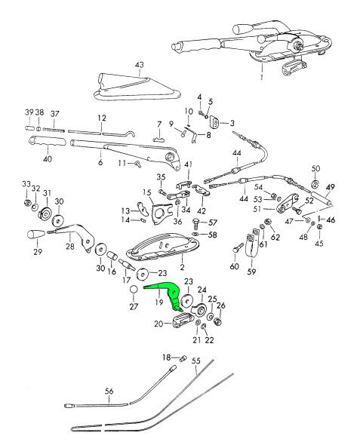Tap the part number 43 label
tap(140, 65)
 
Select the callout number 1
tap(261, 77)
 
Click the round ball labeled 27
tap(134, 290)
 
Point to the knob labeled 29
tap(36, 235)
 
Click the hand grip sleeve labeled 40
tap(48, 141)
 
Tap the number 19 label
tap(159, 302)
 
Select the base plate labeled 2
tap(162, 248)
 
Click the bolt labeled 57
tap(196, 226)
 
